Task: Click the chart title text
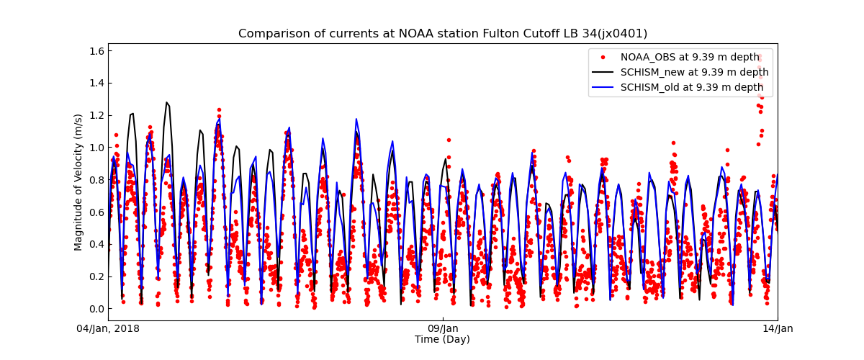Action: (x=443, y=34)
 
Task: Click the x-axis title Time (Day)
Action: (x=442, y=340)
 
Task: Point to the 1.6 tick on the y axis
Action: (x=96, y=50)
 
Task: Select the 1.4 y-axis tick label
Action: (x=96, y=83)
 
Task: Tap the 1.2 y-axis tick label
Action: (x=96, y=115)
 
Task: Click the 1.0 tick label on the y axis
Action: (x=96, y=148)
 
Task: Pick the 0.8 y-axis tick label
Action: (x=96, y=180)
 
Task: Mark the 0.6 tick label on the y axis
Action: (x=96, y=212)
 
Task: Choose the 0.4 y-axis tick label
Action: (x=96, y=244)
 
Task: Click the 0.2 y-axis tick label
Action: (x=96, y=276)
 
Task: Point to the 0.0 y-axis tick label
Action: (x=96, y=309)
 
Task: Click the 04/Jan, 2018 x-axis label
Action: (x=109, y=329)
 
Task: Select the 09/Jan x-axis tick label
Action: (x=443, y=329)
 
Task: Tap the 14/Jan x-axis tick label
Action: (x=778, y=329)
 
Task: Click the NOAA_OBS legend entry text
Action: (x=690, y=57)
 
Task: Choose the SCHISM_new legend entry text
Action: (x=694, y=72)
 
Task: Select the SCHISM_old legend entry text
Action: (x=691, y=87)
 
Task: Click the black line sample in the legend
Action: (x=603, y=72)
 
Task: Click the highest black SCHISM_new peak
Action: (x=166, y=102)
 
